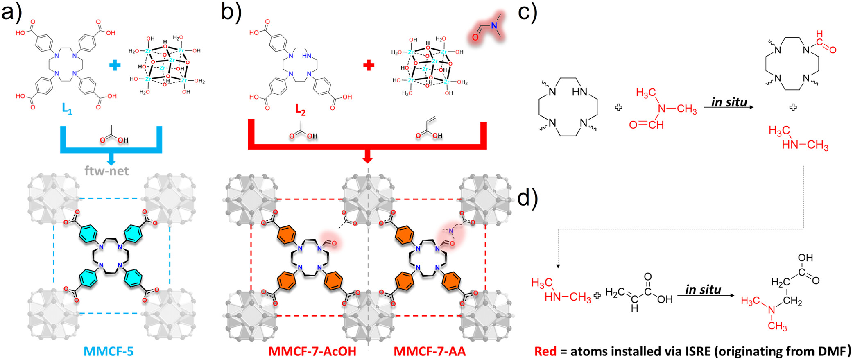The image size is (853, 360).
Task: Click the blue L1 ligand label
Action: pos(67,109)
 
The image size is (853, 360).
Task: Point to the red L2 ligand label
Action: pos(301,110)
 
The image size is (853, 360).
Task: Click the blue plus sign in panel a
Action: pos(115,65)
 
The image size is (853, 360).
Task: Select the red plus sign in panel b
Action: pos(369,65)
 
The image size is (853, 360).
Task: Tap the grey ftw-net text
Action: pos(106,170)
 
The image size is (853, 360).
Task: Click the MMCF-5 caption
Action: pos(109,351)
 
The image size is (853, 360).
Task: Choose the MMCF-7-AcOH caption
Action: pos(312,351)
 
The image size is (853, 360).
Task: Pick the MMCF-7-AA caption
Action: pos(430,351)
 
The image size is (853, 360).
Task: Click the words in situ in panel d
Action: pos(703,290)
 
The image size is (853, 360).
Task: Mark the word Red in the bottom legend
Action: pos(545,351)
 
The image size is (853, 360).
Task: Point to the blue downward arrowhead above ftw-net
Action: pos(111,161)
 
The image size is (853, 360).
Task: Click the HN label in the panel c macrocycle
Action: pos(579,91)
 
